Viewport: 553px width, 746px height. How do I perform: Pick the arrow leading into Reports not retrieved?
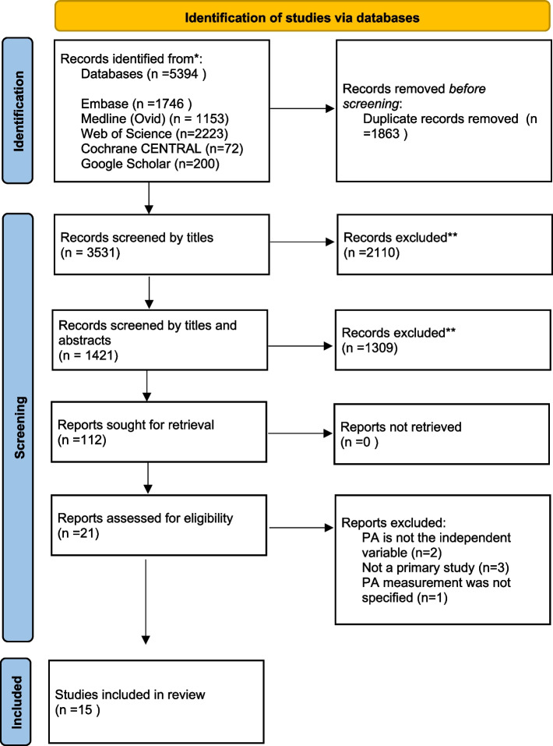click(x=291, y=427)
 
